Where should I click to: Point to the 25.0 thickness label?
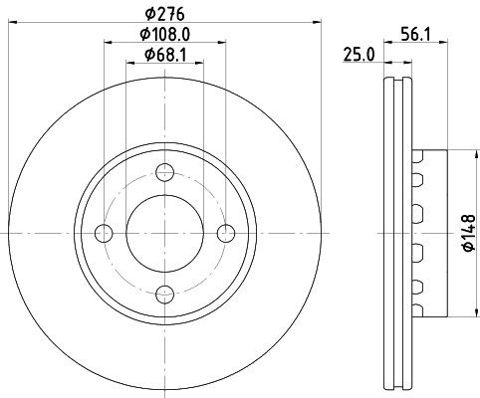[x=358, y=55]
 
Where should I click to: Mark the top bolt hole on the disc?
[x=166, y=171]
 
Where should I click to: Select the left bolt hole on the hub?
[x=104, y=233]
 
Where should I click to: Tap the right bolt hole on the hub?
[x=228, y=233]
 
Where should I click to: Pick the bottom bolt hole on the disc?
[x=166, y=295]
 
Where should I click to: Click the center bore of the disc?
[x=166, y=233]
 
